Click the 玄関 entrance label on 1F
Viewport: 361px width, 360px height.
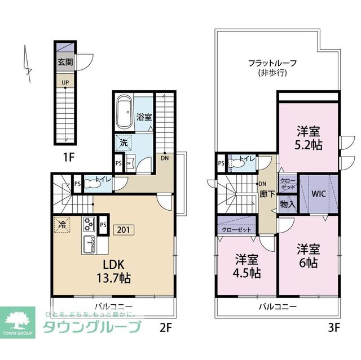64,63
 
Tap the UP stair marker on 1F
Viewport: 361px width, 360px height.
65,82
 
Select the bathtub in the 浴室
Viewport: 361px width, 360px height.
124,112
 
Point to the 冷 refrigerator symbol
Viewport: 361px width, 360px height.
61,224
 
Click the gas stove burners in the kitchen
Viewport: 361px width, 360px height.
89,224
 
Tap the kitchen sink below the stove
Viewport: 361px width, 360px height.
89,245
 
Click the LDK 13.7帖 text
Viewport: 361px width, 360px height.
117,271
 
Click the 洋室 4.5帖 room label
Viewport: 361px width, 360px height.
246,266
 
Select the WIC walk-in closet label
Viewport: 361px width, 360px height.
319,194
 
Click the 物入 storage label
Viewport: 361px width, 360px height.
287,204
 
